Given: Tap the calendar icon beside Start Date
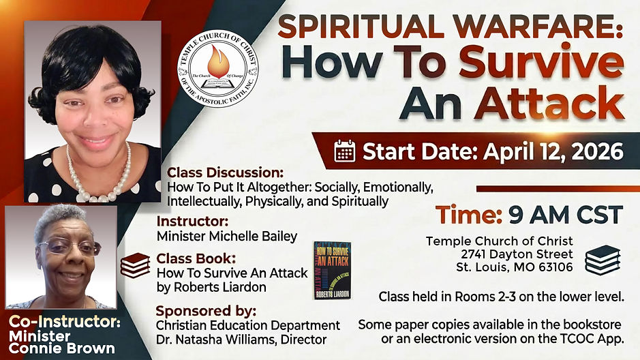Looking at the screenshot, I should click(x=345, y=151).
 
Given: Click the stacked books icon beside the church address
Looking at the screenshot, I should click(x=602, y=260).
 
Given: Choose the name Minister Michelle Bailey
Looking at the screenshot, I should click(x=227, y=237).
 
